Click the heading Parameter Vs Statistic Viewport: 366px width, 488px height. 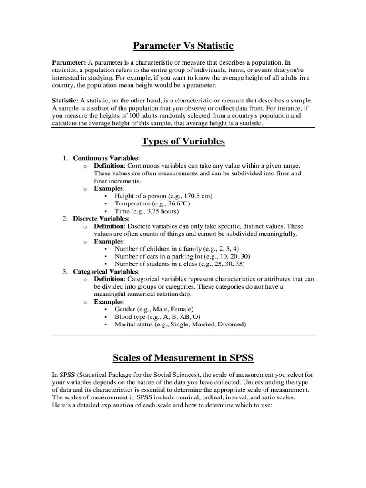(x=183, y=46)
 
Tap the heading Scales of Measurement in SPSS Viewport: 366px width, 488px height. (x=183, y=357)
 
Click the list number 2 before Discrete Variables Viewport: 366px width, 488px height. (x=65, y=219)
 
